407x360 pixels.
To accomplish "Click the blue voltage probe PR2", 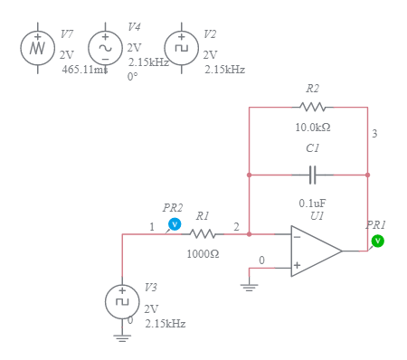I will (175, 223).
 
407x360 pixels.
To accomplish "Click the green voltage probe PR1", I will (378, 240).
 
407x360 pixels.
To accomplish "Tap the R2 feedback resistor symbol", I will (312, 108).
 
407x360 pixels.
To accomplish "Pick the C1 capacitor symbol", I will (313, 174).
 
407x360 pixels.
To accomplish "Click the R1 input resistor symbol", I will (203, 234).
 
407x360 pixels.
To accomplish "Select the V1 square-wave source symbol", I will (122, 301).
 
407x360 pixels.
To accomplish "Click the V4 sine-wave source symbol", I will (104, 47).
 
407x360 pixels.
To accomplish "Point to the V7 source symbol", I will (38, 47).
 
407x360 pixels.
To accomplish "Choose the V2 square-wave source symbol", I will (181, 47).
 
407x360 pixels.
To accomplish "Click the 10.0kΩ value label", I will (312, 128).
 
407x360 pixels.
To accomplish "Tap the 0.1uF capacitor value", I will (313, 203).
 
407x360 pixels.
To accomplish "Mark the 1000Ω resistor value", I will (203, 254).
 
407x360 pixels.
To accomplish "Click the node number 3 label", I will (374, 134).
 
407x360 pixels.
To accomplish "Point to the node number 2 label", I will (236, 226).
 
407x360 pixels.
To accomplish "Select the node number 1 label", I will (152, 226).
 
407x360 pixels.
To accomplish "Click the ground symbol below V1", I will (122, 336).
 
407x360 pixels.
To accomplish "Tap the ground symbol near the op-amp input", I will (250, 286).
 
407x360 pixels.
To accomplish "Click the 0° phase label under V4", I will (133, 77).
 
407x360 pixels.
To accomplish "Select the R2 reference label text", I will (312, 89).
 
